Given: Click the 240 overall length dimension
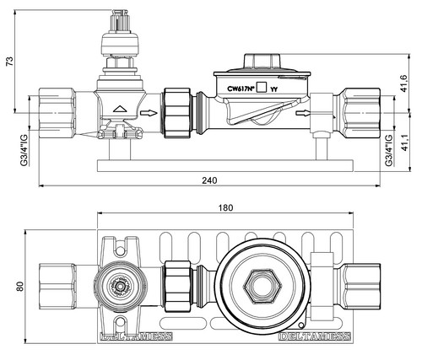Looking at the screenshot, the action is pos(209,180).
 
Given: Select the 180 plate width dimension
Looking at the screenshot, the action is pos(225,207).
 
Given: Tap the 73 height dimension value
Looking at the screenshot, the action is pos(9,62).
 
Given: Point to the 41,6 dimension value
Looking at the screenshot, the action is pos(404,83).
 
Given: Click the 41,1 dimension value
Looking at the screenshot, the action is pos(404,142).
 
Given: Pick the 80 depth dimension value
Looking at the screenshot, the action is pos(19,287).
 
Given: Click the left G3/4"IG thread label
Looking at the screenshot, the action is pos(24,150).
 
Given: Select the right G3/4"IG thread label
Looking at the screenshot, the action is pos(388,150).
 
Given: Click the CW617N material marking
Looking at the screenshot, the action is pos(241,89).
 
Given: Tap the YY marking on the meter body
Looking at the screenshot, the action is pos(273,89).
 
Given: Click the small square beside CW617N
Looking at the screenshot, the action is pos(262,87).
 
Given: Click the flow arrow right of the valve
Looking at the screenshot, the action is pos(149,113).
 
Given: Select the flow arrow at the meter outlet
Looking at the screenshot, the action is pos(303,113).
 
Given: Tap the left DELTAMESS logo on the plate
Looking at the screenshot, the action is pos(137,336).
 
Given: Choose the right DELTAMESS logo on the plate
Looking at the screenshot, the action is pos(315,336).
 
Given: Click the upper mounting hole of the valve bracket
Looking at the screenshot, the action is pos(121,250).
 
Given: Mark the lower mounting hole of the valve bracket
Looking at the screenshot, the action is pos(121,322).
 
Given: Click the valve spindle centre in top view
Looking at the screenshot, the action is pos(121,287).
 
